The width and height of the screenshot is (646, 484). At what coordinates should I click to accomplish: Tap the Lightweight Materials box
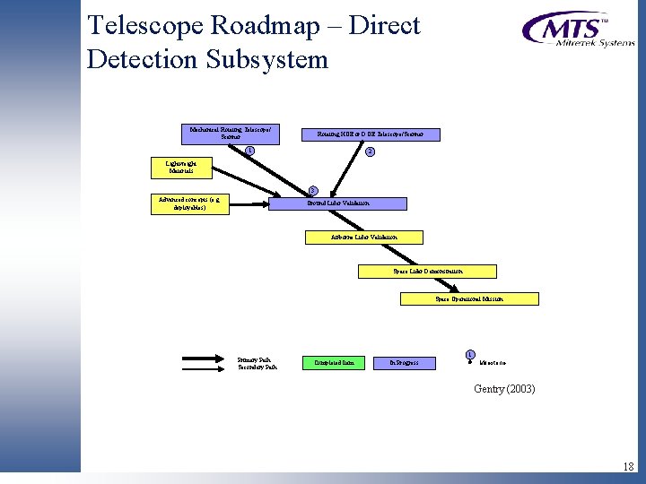click(176, 167)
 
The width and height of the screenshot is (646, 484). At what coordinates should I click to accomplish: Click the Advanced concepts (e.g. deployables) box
click(189, 203)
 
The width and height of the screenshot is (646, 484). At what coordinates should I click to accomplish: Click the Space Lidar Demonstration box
click(428, 271)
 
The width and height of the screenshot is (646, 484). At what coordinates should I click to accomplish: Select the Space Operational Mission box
click(469, 298)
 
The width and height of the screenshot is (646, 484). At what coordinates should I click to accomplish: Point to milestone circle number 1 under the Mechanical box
click(250, 150)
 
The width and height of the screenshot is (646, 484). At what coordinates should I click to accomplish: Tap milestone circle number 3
click(312, 189)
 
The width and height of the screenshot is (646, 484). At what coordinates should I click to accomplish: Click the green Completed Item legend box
click(335, 363)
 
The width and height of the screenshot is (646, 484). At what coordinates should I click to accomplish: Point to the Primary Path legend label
click(254, 359)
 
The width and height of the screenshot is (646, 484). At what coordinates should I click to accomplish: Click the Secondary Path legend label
click(257, 366)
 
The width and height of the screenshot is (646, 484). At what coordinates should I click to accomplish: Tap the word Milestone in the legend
click(493, 363)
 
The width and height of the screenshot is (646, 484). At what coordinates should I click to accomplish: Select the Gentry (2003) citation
click(504, 388)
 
